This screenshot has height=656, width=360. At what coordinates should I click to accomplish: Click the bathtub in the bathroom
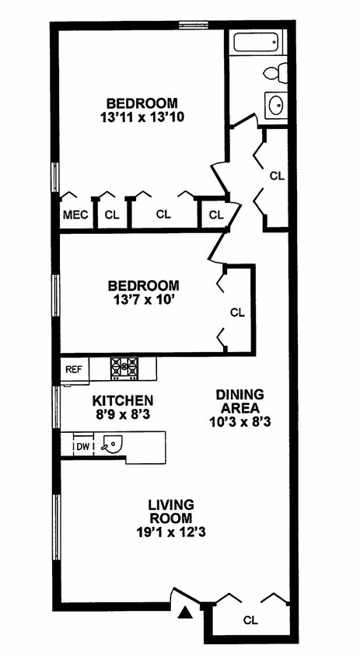[x=256, y=42]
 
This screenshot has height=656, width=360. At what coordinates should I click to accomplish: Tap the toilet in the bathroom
[x=276, y=73]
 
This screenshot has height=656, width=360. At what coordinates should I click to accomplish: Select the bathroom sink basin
[x=276, y=105]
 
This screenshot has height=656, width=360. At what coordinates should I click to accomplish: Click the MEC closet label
[x=75, y=215]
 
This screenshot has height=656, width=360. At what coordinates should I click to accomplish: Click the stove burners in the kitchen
[x=124, y=368]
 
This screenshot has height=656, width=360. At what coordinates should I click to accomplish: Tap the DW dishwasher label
[x=82, y=446]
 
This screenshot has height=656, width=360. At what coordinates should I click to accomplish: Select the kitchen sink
[x=112, y=445]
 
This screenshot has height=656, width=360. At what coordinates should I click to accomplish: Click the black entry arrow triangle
[x=185, y=613]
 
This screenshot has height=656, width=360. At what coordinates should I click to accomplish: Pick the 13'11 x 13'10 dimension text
[x=142, y=117]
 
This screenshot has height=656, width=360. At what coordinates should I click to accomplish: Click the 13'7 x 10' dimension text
[x=144, y=300]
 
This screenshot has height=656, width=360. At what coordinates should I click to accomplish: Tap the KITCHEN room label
[x=123, y=400]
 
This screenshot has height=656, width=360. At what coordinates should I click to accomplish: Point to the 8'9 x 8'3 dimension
[x=123, y=415]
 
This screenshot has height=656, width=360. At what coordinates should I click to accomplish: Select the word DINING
[x=239, y=394]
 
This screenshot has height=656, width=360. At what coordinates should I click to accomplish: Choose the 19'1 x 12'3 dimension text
[x=171, y=532]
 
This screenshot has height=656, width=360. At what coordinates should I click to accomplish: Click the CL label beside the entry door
[x=250, y=619]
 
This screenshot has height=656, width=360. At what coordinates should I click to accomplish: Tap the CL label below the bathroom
[x=277, y=176]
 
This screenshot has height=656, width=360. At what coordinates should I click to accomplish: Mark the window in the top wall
[x=194, y=25]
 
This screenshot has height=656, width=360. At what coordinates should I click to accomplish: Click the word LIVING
[x=171, y=504]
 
